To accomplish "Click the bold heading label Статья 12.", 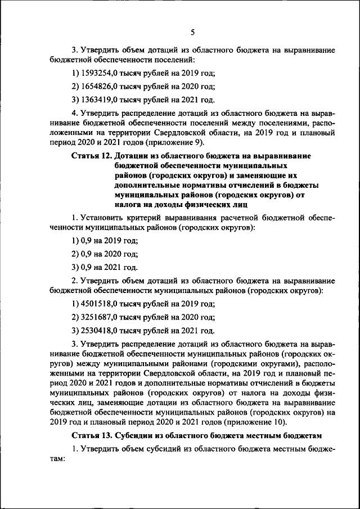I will click(x=92, y=155).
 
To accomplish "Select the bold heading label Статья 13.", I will click(x=92, y=436).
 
